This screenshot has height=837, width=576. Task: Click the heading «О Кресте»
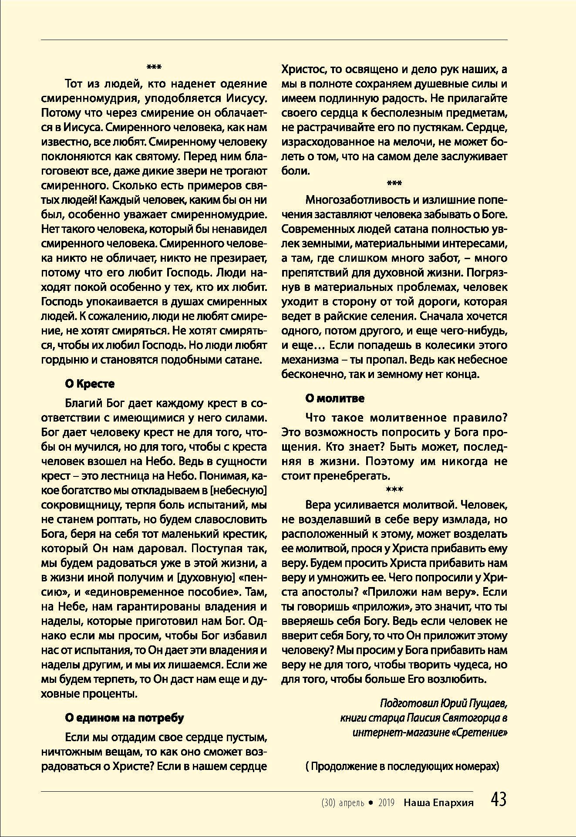(x=89, y=384)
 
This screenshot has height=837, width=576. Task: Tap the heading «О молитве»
(x=334, y=398)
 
